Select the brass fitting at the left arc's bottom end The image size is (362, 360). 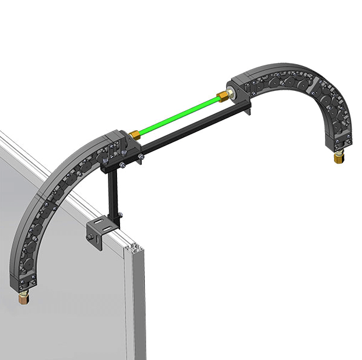tap(23, 298)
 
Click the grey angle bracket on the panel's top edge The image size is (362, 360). tap(100, 234)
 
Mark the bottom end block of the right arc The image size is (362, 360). tap(340, 142)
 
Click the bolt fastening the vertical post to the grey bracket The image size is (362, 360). tap(119, 214)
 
